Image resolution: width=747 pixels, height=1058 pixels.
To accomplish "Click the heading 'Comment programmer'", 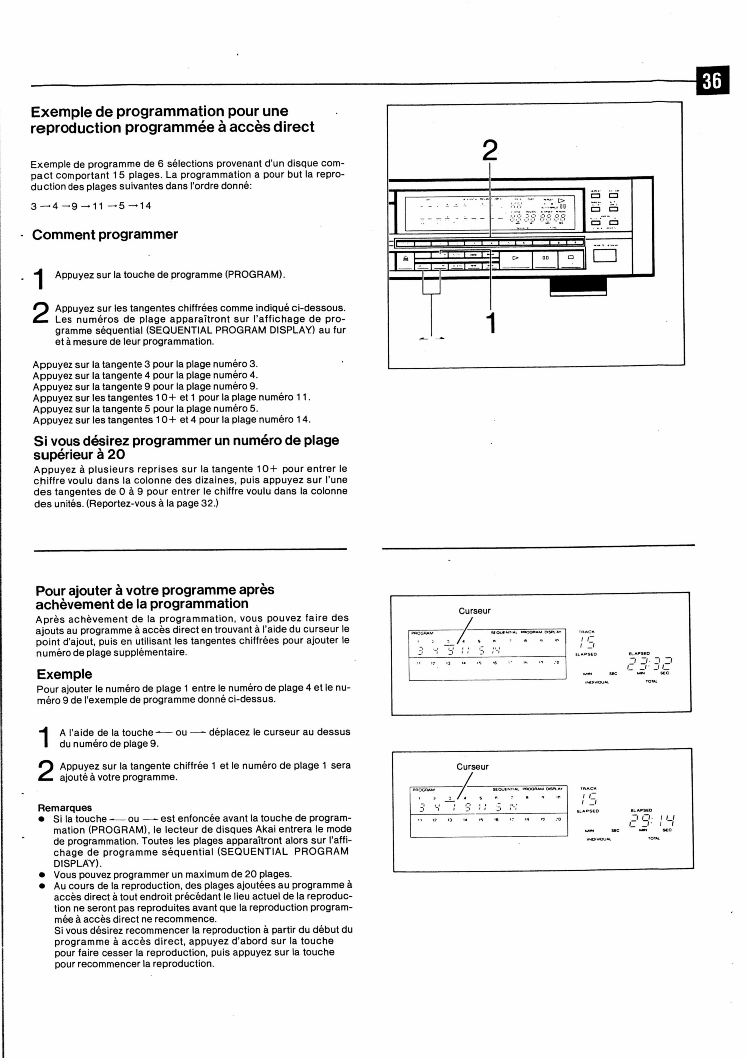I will (105, 234).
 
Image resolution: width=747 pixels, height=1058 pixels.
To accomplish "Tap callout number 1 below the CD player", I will (492, 323).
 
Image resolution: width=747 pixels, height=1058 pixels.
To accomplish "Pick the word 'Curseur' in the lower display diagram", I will (472, 767).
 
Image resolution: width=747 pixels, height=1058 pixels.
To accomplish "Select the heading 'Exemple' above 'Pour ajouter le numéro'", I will (64, 674).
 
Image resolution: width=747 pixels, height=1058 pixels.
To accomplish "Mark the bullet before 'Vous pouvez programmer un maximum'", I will (42, 875).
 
